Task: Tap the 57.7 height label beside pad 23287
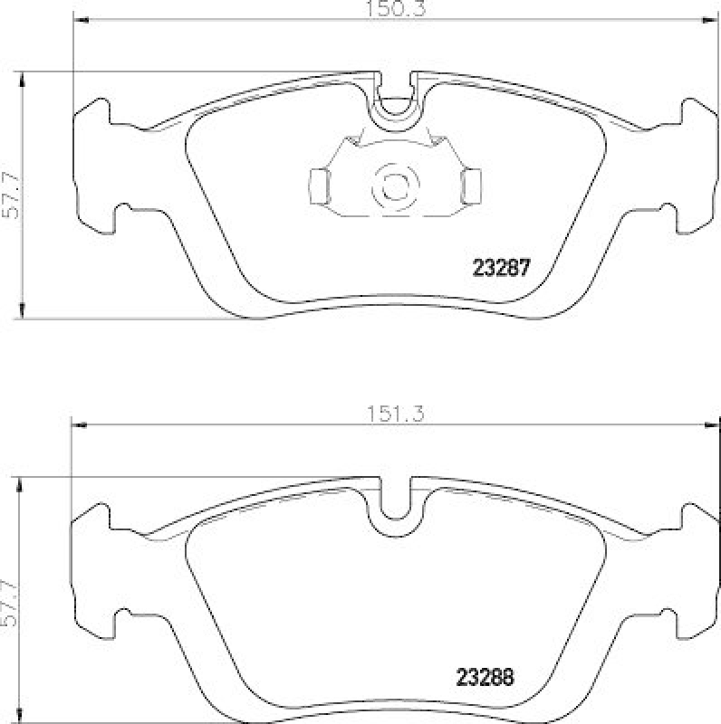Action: [10, 194]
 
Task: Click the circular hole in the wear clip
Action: [394, 185]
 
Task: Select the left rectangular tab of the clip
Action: [319, 186]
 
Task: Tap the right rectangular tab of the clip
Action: [471, 186]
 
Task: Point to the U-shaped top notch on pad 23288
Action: [395, 503]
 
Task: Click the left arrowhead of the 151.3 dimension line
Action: [76, 423]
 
